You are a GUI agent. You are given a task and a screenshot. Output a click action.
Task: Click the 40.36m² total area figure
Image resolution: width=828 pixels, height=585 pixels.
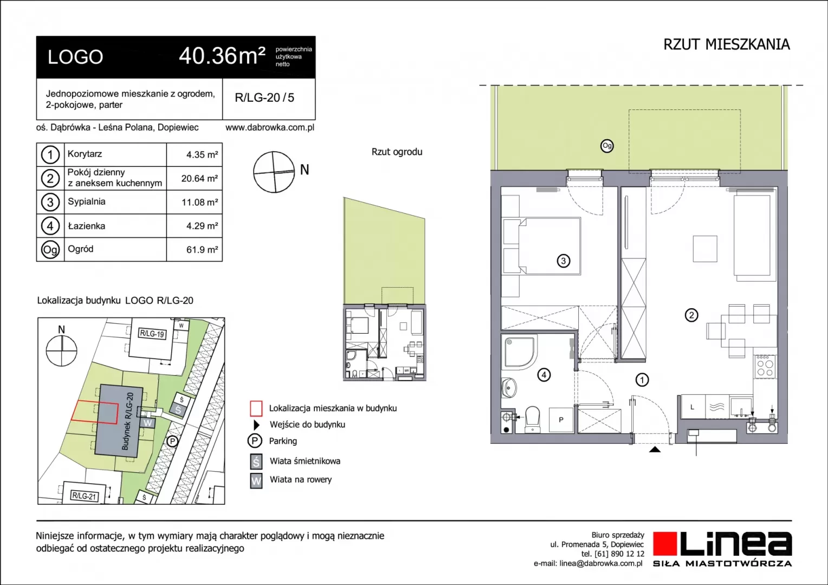click(x=222, y=56)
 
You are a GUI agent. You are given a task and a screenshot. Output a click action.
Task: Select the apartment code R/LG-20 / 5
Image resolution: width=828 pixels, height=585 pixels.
click(x=264, y=97)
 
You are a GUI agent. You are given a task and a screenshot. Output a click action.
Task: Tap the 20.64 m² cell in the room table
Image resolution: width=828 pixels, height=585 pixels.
click(x=199, y=179)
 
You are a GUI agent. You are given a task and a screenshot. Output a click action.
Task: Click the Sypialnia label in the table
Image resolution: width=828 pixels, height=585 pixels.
click(x=87, y=202)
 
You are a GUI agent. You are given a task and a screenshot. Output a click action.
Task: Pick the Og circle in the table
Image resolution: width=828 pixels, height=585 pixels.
click(x=50, y=250)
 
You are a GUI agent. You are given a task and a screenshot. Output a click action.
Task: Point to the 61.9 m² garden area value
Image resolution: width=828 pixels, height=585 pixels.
click(x=202, y=250)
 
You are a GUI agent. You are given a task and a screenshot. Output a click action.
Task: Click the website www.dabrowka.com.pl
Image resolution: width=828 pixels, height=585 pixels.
click(x=270, y=127)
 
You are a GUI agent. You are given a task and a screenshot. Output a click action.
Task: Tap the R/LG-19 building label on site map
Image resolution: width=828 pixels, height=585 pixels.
click(x=152, y=334)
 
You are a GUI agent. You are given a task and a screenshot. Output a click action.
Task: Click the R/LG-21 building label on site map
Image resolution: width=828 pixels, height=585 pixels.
click(x=85, y=496)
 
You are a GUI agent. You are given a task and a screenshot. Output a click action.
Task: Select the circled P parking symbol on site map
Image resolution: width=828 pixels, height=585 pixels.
click(x=172, y=441)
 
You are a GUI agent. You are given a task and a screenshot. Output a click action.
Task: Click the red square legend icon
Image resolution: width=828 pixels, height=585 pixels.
click(x=256, y=408)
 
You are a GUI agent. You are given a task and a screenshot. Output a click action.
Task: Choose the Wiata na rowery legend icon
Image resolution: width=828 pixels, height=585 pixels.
click(x=256, y=481)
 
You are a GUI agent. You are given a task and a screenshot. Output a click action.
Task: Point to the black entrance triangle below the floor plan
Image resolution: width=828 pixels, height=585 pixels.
click(x=655, y=450)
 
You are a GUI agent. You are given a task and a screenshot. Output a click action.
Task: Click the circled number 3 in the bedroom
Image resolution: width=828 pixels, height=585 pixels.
click(x=564, y=261)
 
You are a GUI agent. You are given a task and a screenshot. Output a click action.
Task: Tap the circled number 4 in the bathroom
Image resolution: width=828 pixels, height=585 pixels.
click(x=544, y=375)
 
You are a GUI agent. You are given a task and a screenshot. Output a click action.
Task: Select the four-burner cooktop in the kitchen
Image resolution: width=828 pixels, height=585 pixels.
click(x=765, y=367)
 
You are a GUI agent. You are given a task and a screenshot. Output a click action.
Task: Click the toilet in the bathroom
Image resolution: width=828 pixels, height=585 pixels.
click(x=533, y=419)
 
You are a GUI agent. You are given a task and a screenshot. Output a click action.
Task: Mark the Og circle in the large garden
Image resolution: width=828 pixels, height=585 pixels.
click(x=606, y=146)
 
